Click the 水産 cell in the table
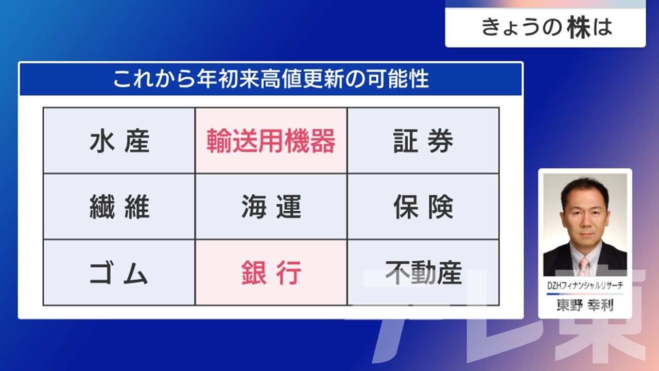119,141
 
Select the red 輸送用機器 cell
271,141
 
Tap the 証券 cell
423,141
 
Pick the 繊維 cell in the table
119,207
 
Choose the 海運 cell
271,207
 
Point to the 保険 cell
423,207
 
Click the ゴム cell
119,273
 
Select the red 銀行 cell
271,273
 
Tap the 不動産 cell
423,273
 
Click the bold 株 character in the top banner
579,27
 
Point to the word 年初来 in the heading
228,79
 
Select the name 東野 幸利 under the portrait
585,305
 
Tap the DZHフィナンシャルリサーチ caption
585,285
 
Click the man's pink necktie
584,267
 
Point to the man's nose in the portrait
585,223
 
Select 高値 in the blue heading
281,79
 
